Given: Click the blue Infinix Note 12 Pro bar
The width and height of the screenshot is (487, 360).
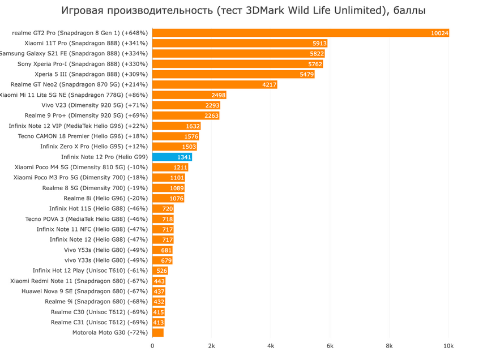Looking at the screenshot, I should point(172,157).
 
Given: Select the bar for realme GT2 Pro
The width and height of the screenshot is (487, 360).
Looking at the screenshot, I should point(300,33).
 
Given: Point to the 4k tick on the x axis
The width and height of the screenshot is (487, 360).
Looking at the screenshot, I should point(271,345).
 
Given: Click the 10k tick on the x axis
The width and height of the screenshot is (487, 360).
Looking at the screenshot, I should point(448,345).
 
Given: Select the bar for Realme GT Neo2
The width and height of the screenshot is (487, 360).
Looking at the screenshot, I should point(215,84).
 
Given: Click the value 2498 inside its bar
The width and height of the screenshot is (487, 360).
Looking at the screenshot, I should point(218,95).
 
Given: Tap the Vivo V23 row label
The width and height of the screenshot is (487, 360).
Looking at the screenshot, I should point(95,105).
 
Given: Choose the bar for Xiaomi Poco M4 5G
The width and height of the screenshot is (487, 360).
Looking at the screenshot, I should point(170,168).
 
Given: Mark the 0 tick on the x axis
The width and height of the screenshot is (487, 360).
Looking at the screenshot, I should point(152,345).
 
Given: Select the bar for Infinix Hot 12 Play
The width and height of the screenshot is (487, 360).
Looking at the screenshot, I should point(160,271).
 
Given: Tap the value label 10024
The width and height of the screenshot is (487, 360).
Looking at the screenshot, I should point(439,33).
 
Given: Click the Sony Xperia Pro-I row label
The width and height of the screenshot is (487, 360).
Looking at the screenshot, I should point(83,64).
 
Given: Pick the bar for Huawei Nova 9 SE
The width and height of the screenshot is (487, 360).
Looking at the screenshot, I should point(159,292).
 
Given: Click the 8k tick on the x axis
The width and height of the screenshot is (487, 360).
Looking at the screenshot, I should point(389,345).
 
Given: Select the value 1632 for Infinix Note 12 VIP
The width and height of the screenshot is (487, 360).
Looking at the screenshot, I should point(193,126).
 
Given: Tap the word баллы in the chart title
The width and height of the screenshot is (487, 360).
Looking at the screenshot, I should point(407,11).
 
